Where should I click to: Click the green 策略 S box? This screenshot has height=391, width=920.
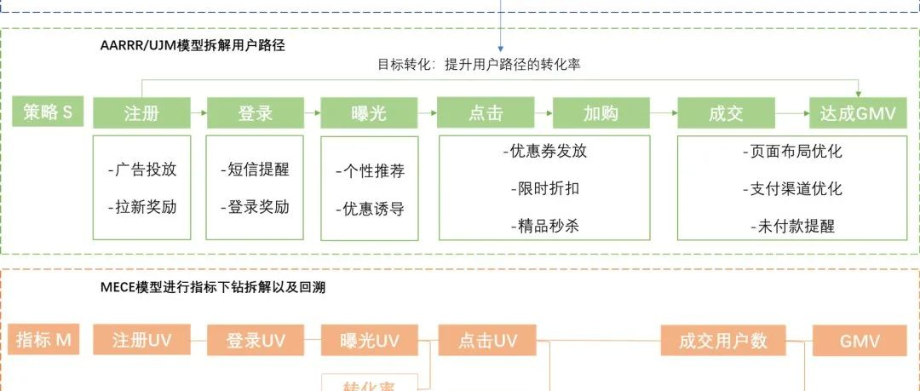click(48, 112)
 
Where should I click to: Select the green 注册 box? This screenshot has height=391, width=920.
click(141, 113)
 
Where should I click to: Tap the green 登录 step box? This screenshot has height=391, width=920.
click(256, 113)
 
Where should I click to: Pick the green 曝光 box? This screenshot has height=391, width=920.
click(369, 113)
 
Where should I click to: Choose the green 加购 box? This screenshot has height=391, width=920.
click(601, 113)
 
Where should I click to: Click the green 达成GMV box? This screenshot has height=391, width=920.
click(858, 113)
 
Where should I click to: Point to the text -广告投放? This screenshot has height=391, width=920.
click(142, 169)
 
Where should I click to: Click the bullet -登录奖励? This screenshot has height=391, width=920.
click(255, 207)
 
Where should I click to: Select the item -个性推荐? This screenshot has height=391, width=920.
click(370, 171)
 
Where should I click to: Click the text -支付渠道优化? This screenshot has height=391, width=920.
click(792, 189)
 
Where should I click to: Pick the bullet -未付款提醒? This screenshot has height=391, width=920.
click(792, 227)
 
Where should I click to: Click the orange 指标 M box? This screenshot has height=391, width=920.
click(43, 341)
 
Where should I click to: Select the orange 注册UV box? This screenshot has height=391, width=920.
click(141, 341)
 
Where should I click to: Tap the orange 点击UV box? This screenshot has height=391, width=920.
click(487, 341)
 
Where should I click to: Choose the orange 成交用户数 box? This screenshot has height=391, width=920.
click(723, 341)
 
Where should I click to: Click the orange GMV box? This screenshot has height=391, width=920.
click(860, 341)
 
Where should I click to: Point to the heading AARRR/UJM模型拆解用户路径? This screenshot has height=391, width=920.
click(193, 47)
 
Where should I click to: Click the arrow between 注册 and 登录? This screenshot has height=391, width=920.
click(198, 112)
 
